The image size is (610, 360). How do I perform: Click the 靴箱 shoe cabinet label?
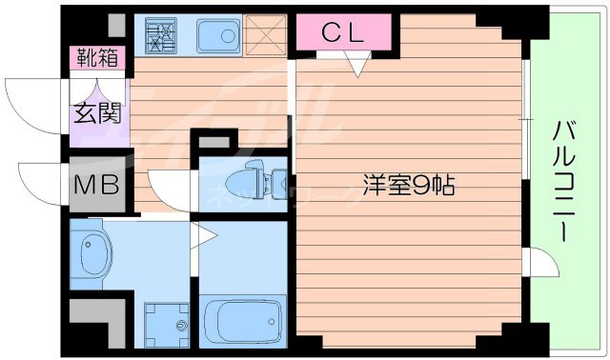click(98, 57)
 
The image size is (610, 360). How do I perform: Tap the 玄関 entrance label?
click(97, 113)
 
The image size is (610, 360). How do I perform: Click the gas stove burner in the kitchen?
click(161, 36)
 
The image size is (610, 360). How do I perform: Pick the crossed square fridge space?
click(265, 34)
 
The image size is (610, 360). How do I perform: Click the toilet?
click(250, 180)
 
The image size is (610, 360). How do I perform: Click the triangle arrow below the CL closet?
click(357, 65)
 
